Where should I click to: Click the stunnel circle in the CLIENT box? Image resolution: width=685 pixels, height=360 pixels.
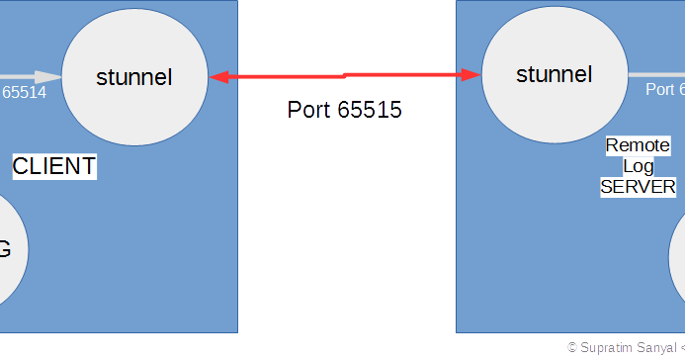pyautogui.click(x=134, y=77)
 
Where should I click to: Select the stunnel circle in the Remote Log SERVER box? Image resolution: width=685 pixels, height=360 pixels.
pyautogui.click(x=554, y=74)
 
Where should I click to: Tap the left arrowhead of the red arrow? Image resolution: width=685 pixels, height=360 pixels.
pyautogui.click(x=216, y=76)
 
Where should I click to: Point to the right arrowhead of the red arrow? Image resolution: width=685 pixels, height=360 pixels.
pyautogui.click(x=471, y=73)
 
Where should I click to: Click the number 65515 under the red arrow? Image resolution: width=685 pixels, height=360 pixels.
pyautogui.click(x=370, y=110)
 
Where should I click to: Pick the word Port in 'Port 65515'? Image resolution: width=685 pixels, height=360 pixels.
pyautogui.click(x=308, y=110)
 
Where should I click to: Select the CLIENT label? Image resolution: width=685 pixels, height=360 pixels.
pyautogui.click(x=53, y=166)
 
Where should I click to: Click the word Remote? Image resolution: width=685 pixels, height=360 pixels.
pyautogui.click(x=637, y=145)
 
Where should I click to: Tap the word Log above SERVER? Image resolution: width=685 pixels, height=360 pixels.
pyautogui.click(x=638, y=166)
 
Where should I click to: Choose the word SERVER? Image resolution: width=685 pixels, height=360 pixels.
pyautogui.click(x=638, y=187)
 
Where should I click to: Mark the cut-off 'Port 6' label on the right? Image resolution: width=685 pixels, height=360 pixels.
pyautogui.click(x=664, y=89)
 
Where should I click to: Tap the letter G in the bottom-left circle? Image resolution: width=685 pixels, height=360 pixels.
pyautogui.click(x=4, y=249)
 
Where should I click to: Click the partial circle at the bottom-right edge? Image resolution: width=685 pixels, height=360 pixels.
pyautogui.click(x=678, y=257)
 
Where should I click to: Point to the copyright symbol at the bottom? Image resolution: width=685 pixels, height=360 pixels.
pyautogui.click(x=572, y=348)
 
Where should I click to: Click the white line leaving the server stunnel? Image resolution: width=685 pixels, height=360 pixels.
pyautogui.click(x=655, y=74)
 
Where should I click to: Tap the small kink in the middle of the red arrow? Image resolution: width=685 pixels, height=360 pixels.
pyautogui.click(x=344, y=74)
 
